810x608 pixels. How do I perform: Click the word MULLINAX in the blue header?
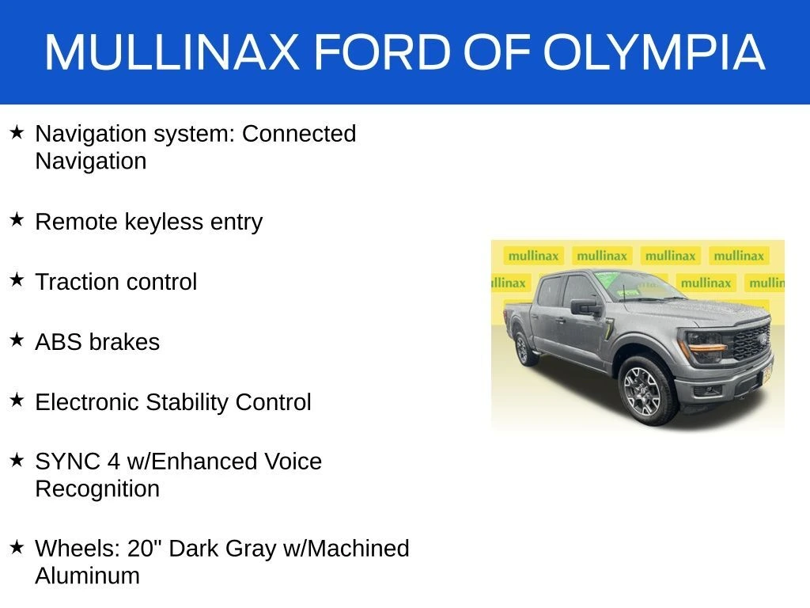(x=172, y=51)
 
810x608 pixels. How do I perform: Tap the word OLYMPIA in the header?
(x=653, y=51)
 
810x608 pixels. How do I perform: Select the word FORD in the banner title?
(x=383, y=51)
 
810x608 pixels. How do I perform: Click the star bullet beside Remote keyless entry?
(x=17, y=219)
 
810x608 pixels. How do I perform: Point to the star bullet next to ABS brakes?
(x=17, y=340)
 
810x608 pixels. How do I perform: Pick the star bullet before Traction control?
(x=17, y=279)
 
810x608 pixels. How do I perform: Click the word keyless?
(x=164, y=222)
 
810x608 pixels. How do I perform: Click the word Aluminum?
(x=87, y=576)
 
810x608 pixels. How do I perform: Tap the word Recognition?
(x=97, y=489)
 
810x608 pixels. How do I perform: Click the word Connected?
(x=299, y=134)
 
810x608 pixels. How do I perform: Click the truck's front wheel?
(x=645, y=391)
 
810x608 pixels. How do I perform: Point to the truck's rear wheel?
(x=524, y=348)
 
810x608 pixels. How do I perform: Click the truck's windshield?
(x=638, y=286)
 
